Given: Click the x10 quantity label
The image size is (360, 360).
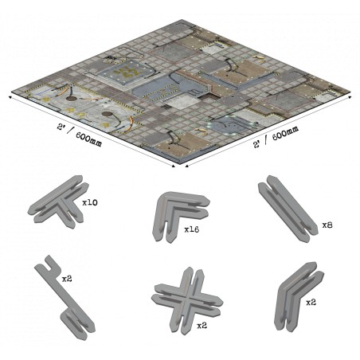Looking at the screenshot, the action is pyautogui.click(x=90, y=203).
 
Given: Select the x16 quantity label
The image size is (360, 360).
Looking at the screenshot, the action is pyautogui.click(x=192, y=229).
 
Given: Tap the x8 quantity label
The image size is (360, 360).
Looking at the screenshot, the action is pyautogui.click(x=327, y=225).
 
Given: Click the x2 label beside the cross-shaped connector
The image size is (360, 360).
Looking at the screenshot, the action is pyautogui.click(x=202, y=326).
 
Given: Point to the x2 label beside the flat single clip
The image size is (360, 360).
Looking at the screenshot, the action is pyautogui.click(x=67, y=279).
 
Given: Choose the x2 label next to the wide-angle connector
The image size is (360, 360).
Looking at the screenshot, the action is pyautogui.click(x=311, y=303).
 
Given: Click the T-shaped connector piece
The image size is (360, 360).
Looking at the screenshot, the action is pyautogui.click(x=58, y=202).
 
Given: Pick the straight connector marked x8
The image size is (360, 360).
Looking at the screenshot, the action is pyautogui.click(x=288, y=209).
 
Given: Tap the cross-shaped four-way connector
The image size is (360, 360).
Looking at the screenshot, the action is pyautogui.click(x=187, y=300).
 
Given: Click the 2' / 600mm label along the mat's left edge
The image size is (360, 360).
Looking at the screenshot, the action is pyautogui.click(x=80, y=135).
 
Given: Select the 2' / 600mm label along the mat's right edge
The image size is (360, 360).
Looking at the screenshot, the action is pyautogui.click(x=276, y=137).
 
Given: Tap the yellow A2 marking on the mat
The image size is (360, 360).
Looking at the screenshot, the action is pyautogui.click(x=129, y=72).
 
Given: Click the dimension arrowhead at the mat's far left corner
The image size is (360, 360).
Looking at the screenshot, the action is pyautogui.click(x=11, y=98).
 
